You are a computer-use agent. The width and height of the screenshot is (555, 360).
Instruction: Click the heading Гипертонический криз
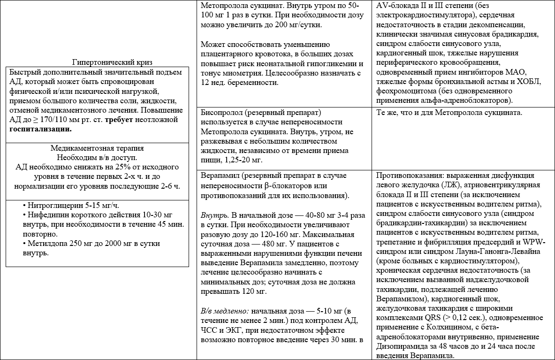[112, 62]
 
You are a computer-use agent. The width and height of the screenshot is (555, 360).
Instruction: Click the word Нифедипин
[46, 215]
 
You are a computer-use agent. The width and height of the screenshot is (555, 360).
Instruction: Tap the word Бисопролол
[220, 113]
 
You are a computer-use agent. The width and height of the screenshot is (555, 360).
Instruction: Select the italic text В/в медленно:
[224, 311]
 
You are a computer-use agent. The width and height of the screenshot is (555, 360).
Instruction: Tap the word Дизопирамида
[400, 346]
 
